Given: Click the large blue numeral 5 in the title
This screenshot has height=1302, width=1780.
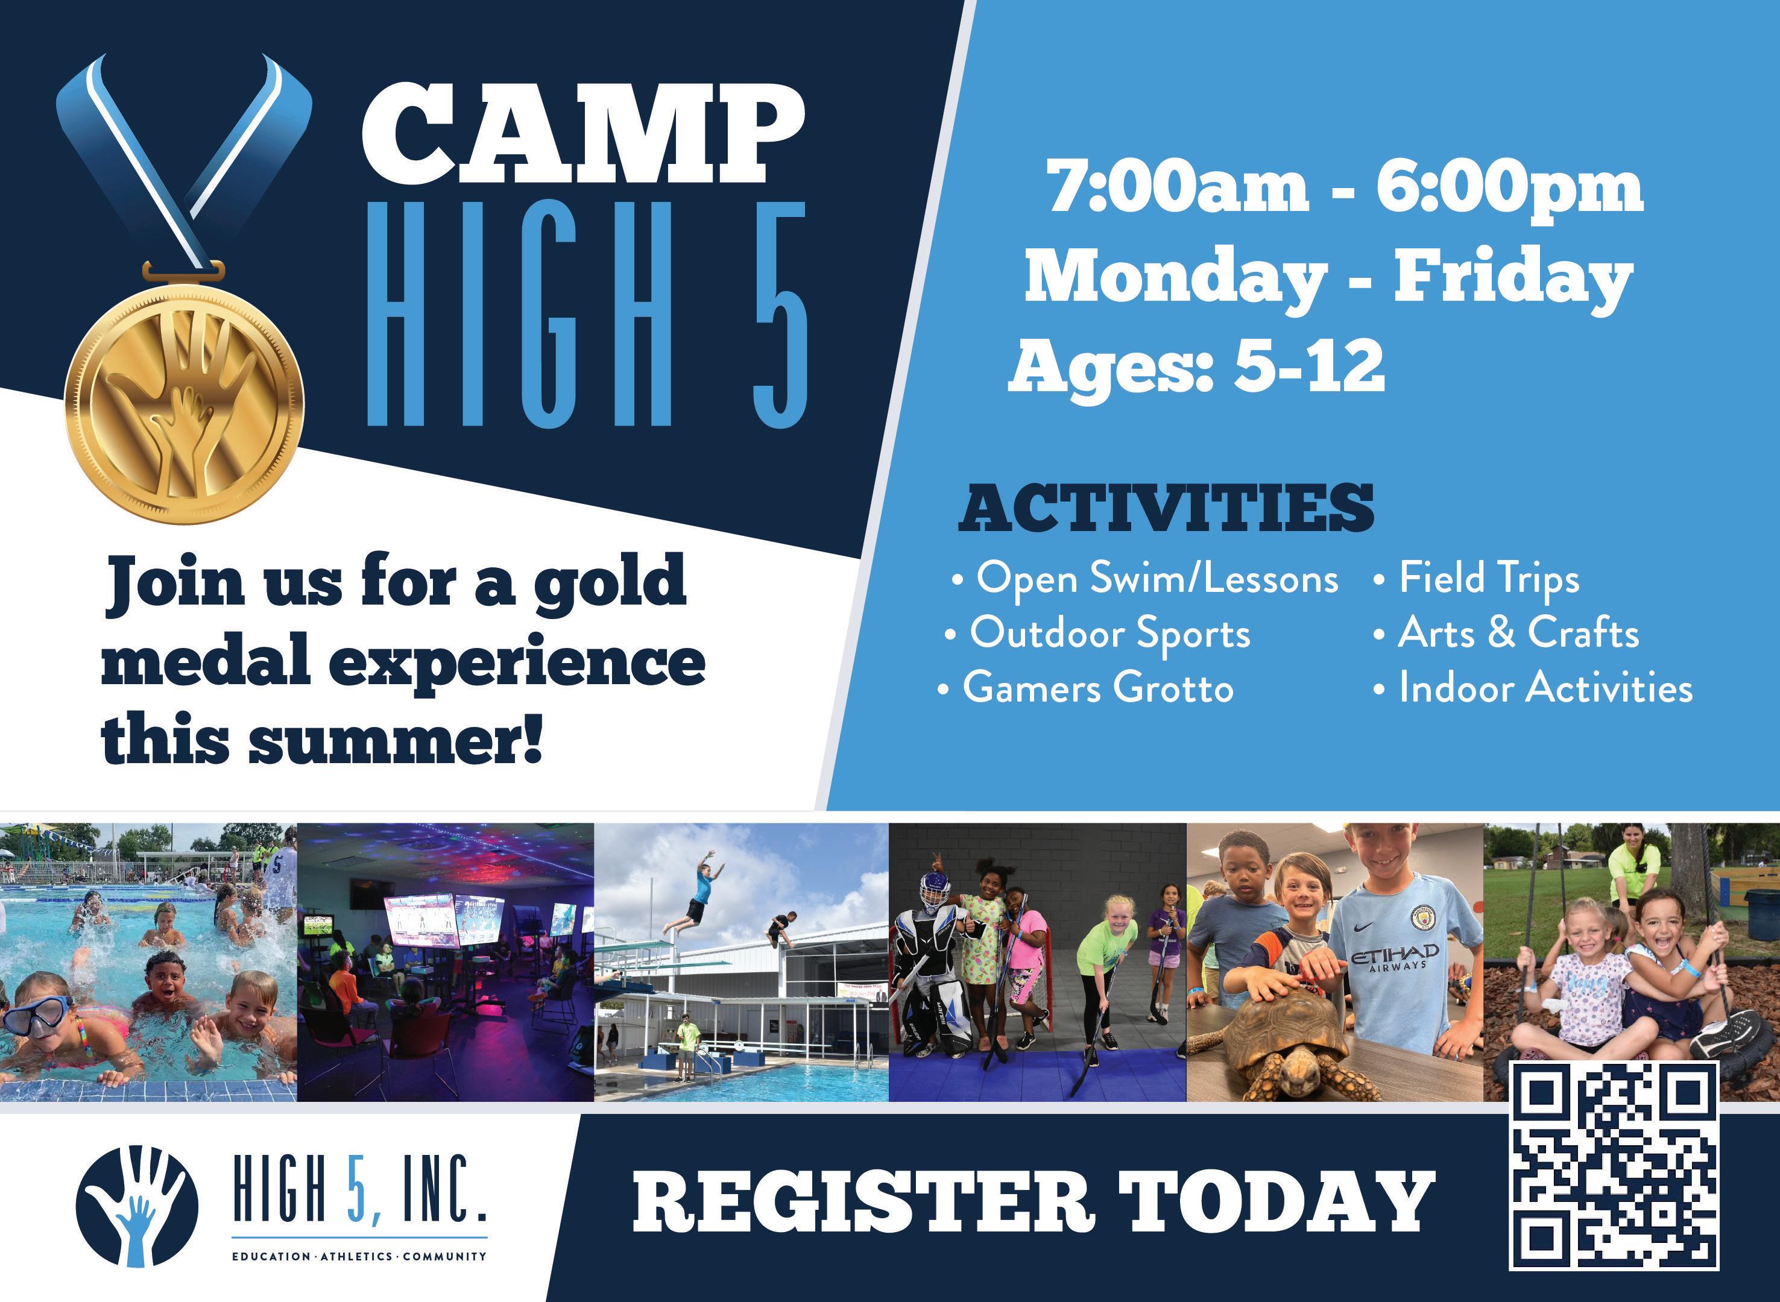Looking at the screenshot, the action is (x=780, y=313).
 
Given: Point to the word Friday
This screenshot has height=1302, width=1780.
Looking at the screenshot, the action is (x=1513, y=277).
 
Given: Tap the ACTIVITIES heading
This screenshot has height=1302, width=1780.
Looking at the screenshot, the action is (x=1166, y=508).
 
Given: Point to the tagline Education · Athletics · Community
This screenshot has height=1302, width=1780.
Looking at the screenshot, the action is (x=359, y=1255).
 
